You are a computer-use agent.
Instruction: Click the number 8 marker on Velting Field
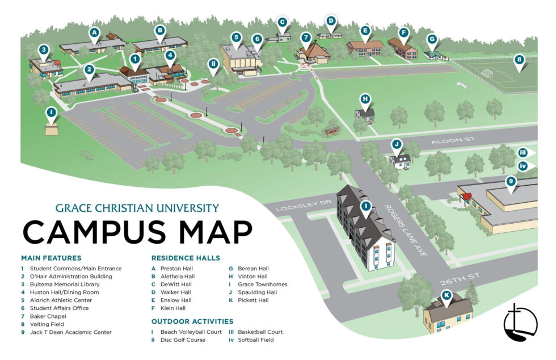(518, 59)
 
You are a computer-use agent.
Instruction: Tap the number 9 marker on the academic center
(511, 182)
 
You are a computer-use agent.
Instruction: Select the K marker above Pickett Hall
(447, 295)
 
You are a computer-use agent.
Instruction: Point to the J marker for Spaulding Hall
(397, 144)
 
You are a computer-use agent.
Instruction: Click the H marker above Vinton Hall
(365, 99)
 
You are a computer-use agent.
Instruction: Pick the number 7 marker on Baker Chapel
(306, 38)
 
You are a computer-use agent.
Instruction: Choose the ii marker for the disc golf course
(213, 64)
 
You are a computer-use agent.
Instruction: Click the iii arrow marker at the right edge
(524, 152)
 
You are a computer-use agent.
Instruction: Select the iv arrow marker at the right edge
(524, 166)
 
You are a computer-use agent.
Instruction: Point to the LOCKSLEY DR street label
(295, 206)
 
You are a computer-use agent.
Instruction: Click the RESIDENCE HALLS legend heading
(186, 258)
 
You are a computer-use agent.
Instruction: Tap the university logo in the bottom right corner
(520, 323)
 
